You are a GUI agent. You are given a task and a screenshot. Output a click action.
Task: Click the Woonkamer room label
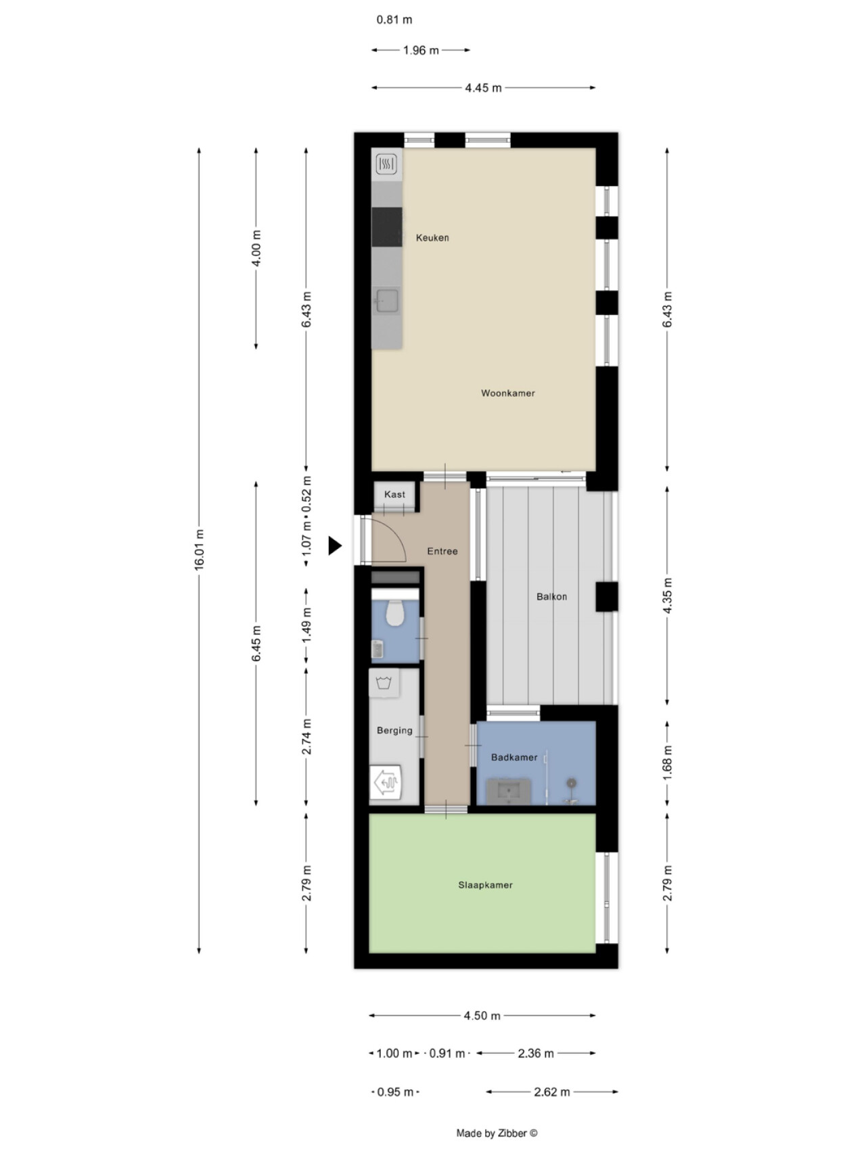tap(508, 393)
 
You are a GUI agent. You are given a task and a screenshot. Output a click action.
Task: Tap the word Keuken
tap(432, 237)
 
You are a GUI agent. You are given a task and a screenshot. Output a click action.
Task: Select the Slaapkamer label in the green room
tap(485, 885)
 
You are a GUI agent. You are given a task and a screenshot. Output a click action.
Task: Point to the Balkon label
tap(551, 596)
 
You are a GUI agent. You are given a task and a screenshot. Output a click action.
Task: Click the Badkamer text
tap(514, 757)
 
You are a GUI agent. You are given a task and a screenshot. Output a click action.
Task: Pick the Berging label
tap(394, 730)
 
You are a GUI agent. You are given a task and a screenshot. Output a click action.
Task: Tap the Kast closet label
tap(394, 494)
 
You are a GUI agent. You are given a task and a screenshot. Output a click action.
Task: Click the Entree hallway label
tap(442, 551)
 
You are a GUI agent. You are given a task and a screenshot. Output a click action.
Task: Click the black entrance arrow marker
tap(335, 546)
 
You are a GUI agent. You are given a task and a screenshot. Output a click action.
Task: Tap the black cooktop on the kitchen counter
tap(386, 227)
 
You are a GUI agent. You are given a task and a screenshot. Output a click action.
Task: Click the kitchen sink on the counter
tap(387, 299)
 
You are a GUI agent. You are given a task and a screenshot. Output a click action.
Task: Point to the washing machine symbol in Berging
tap(384, 683)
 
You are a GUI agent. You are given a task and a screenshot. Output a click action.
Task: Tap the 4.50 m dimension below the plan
tap(482, 1015)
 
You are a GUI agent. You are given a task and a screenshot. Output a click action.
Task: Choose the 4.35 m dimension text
tap(667, 596)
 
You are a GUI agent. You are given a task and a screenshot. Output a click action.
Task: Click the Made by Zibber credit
tap(497, 1134)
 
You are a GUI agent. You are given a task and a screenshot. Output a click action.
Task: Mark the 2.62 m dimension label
tap(551, 1092)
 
